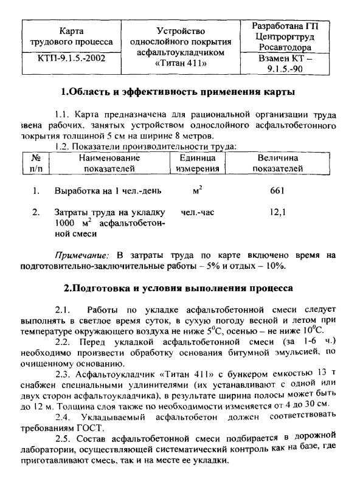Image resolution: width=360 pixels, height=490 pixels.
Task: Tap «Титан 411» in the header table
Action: tap(182, 63)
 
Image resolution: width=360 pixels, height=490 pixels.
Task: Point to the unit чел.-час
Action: tap(197, 213)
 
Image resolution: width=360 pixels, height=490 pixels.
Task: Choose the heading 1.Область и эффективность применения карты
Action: tap(179, 93)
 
